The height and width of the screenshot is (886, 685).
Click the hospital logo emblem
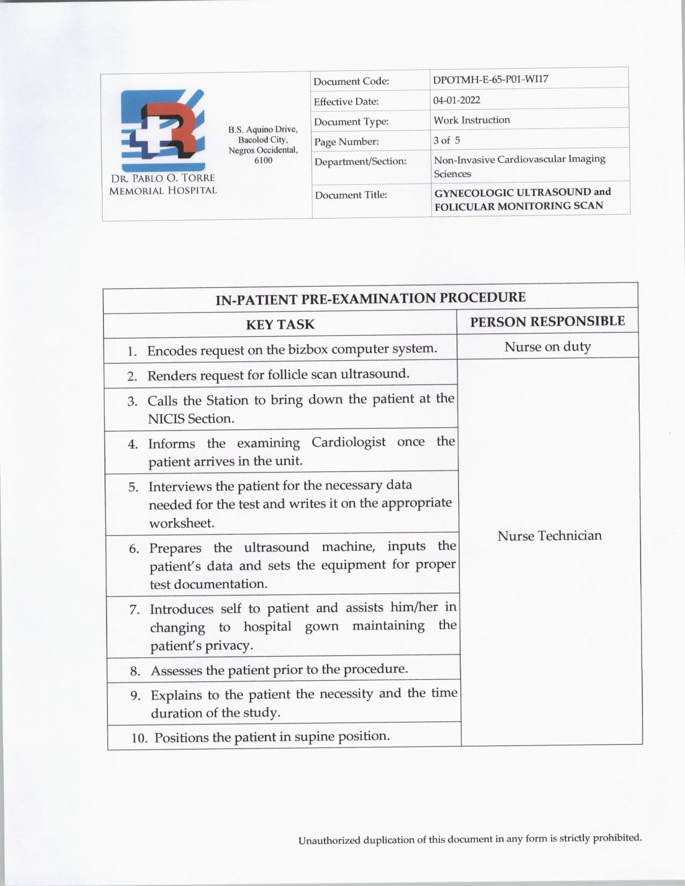coord(163,130)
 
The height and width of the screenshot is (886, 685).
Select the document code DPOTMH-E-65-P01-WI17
coord(491,79)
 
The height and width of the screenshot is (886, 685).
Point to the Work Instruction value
coord(472,120)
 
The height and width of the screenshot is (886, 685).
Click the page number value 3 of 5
coord(446,140)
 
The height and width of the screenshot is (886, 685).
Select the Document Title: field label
coord(351,195)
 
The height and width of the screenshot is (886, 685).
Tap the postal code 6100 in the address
coord(263,161)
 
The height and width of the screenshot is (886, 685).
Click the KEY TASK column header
coord(280,324)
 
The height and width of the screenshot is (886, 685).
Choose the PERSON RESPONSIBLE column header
coord(547,322)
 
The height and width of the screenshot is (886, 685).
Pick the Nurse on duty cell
coord(547,347)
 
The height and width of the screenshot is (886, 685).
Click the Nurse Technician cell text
coord(550,536)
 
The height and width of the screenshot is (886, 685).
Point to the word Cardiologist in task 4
coord(348,442)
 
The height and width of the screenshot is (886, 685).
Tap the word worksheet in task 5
coord(182,524)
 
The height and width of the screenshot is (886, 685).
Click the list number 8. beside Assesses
coord(135,671)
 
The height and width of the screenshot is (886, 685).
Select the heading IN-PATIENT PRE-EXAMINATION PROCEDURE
coord(370,298)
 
